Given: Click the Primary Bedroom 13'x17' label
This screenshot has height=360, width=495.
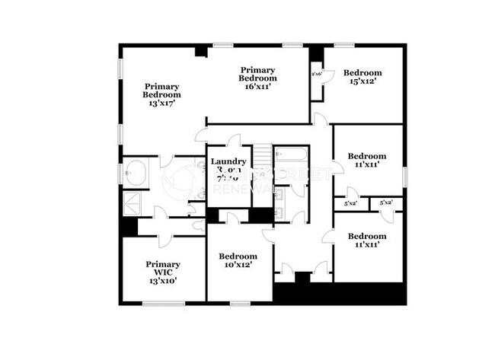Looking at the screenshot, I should coord(161,95).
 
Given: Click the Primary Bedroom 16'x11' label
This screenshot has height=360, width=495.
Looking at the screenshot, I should coord(257,78).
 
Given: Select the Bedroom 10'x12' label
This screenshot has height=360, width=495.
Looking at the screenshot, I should coord(236,261).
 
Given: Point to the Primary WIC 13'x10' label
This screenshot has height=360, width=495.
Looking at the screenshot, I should coord(163,271).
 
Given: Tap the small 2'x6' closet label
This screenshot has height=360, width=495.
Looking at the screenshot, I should coord(317,74).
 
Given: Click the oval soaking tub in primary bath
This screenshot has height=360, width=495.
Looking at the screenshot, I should coord(139,173).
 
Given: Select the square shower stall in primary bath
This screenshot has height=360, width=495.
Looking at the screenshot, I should coord(133,204).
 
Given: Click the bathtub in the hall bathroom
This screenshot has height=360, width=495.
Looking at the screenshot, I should coord(290,156).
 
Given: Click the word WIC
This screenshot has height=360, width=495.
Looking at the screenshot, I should coord(163,272).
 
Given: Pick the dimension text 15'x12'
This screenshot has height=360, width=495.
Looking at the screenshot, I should coord(362,80).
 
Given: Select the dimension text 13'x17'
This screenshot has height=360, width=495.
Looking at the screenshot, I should coord(161,104).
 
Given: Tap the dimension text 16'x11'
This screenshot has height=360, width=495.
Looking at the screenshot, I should coord(257,88).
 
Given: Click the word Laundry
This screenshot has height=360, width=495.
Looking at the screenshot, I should coord(228,161).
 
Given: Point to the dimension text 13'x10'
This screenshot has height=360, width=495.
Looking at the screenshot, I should coord(163,280).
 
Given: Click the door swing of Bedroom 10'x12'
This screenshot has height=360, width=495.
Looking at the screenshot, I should coord(233,218).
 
